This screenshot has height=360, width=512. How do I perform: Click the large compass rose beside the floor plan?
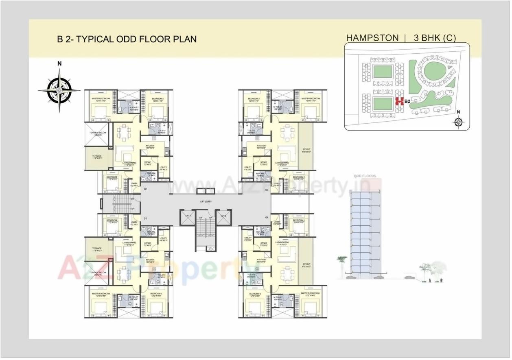pyautogui.click(x=59, y=89)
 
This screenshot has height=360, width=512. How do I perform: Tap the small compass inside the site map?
pyautogui.click(x=459, y=121)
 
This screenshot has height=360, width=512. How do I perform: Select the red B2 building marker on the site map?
pyautogui.click(x=399, y=101)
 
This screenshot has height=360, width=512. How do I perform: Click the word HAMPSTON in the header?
pyautogui.click(x=372, y=38)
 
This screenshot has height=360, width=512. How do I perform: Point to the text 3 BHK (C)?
pyautogui.click(x=434, y=38)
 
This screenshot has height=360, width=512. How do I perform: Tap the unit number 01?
pyautogui.click(x=145, y=219)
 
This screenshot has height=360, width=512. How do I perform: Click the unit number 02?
pyautogui.click(x=145, y=189)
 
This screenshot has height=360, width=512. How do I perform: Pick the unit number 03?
pyautogui.click(x=267, y=190)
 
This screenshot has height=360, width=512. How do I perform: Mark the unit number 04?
pyautogui.click(x=267, y=218)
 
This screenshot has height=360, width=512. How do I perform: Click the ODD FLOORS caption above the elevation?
pyautogui.click(x=365, y=176)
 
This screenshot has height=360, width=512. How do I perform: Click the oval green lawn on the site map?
pyautogui.click(x=433, y=72)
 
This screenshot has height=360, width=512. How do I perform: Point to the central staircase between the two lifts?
pyautogui.click(x=206, y=232)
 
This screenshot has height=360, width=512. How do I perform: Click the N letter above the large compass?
pyautogui.click(x=59, y=63)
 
